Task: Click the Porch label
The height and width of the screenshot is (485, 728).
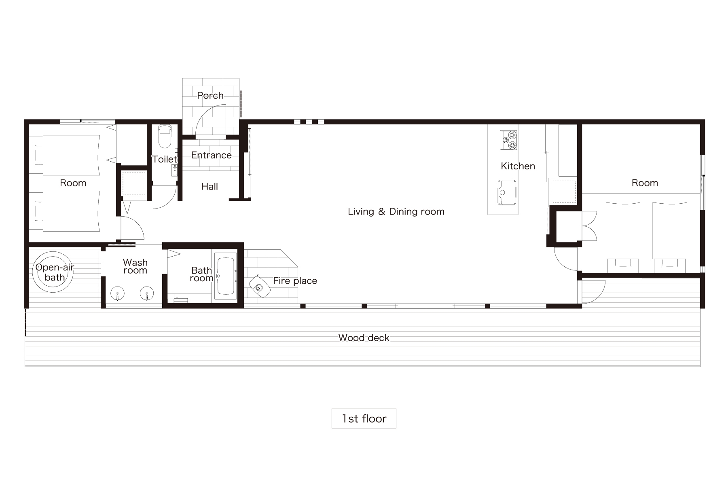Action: (210, 96)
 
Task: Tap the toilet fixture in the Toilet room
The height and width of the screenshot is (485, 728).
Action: (165, 136)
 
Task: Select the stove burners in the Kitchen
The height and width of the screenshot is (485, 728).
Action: (509, 140)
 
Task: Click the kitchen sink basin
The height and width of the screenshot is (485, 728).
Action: (507, 193)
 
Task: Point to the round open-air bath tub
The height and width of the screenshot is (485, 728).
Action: (54, 272)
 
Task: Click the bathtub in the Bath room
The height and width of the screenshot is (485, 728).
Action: (225, 276)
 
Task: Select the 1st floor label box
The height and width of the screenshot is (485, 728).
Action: (364, 419)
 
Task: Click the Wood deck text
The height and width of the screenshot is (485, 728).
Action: (364, 338)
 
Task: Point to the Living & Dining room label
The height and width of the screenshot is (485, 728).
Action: (396, 212)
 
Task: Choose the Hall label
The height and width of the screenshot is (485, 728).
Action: (210, 187)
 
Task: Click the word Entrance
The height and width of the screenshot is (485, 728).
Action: (212, 155)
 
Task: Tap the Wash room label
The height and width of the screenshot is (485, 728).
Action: (135, 267)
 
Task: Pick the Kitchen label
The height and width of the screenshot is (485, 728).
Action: (518, 166)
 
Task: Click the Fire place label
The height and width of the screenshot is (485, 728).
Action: (295, 281)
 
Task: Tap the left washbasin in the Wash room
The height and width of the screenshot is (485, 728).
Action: (117, 294)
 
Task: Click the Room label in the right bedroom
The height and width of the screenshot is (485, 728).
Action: (645, 183)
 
